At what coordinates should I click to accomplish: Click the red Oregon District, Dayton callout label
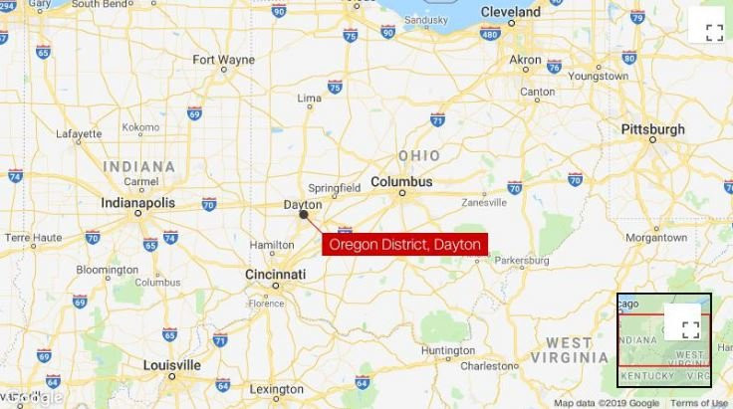pyautogui.click(x=405, y=244)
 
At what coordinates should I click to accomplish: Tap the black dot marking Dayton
pyautogui.click(x=304, y=214)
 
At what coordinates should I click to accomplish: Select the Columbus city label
pyautogui.click(x=402, y=182)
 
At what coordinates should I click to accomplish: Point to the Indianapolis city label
pyautogui.click(x=138, y=202)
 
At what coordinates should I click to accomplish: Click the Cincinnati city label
pyautogui.click(x=276, y=274)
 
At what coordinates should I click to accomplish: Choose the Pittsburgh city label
pyautogui.click(x=652, y=129)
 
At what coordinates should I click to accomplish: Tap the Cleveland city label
pyautogui.click(x=510, y=12)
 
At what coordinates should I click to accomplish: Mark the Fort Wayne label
pyautogui.click(x=223, y=60)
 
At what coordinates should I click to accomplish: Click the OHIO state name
pyautogui.click(x=418, y=156)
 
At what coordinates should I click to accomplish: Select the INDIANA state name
pyautogui.click(x=139, y=166)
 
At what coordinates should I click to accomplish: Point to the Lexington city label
pyautogui.click(x=277, y=389)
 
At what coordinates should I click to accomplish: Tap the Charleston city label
pyautogui.click(x=489, y=365)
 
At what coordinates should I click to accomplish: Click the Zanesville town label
pyautogui.click(x=485, y=202)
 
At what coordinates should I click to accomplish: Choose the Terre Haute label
pyautogui.click(x=33, y=238)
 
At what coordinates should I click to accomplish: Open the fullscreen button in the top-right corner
pyautogui.click(x=714, y=31)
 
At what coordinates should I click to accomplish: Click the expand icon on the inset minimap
pyautogui.click(x=690, y=329)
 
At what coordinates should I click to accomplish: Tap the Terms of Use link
pyautogui.click(x=698, y=403)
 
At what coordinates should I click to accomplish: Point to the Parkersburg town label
pyautogui.click(x=522, y=261)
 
